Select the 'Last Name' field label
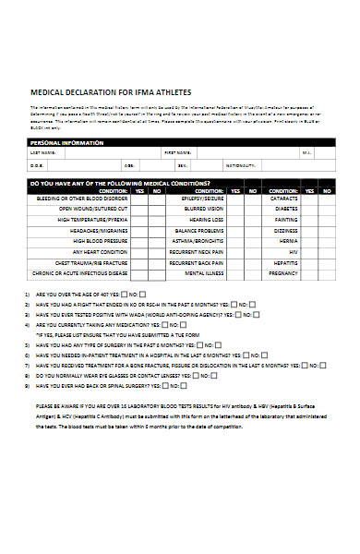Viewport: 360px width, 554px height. [x=42, y=153]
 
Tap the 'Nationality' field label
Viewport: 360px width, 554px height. [x=264, y=165]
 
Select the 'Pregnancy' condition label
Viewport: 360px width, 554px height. [x=282, y=273]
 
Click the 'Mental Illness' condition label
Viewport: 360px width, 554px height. [x=204, y=273]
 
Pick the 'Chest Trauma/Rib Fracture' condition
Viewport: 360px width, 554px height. [x=90, y=262]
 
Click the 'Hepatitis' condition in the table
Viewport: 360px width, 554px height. [x=285, y=262]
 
